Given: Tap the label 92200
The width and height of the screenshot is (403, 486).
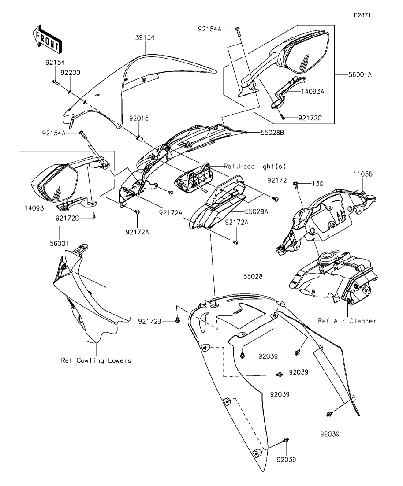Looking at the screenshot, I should pos(71,73).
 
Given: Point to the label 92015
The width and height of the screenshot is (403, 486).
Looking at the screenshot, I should pos(138,119).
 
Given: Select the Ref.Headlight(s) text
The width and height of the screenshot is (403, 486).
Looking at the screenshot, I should pos(255,166).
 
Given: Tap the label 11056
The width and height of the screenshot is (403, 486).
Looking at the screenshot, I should pos(363,174).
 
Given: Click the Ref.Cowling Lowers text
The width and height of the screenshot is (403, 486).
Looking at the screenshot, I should pos(96,360).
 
